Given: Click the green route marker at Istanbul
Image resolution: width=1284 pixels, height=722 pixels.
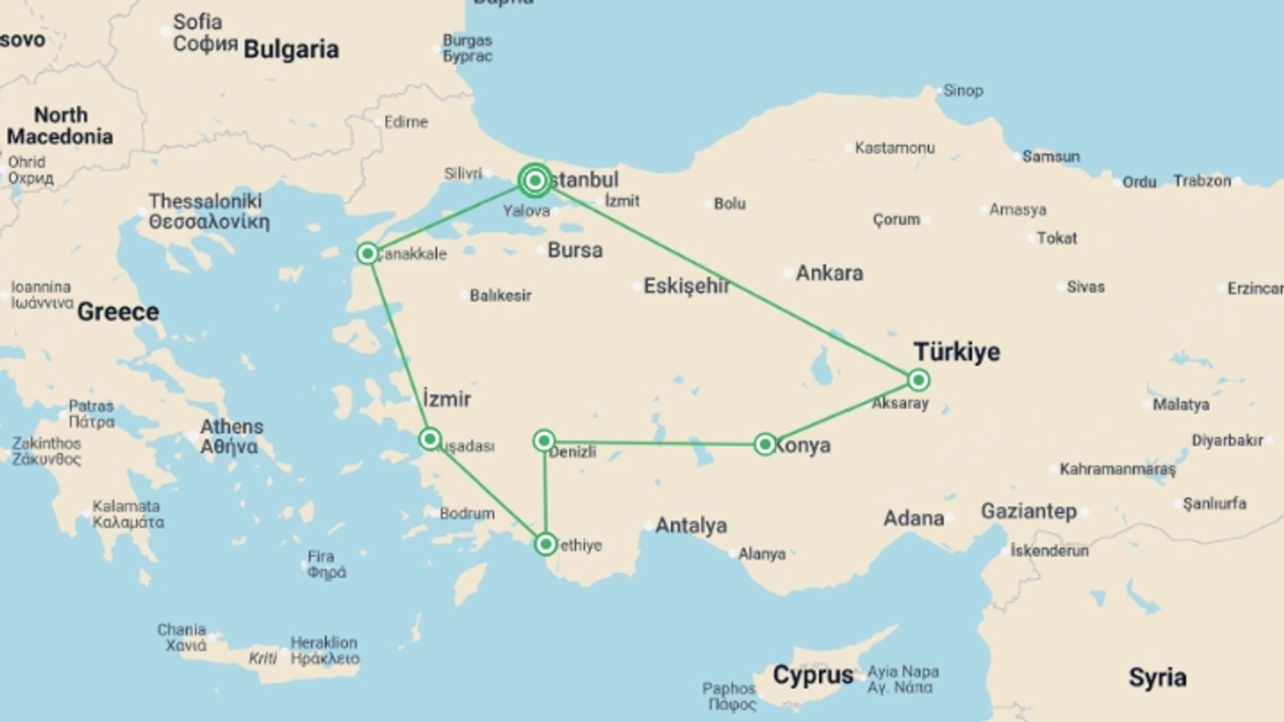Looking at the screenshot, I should (535, 180).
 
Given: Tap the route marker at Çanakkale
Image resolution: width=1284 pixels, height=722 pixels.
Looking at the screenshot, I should (367, 253).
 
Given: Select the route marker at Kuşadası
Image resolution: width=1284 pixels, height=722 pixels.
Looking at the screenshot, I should (429, 439).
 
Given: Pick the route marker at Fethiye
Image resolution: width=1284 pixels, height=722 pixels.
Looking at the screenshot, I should (546, 544).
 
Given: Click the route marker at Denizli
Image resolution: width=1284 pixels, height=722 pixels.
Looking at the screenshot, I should (544, 440).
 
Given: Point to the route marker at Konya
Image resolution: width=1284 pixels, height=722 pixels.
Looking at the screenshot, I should (765, 444).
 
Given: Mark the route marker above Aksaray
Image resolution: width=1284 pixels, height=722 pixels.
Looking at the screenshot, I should (919, 380).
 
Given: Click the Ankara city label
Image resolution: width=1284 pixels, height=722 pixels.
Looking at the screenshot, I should (829, 273).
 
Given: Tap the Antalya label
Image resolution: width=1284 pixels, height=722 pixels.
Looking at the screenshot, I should (691, 525).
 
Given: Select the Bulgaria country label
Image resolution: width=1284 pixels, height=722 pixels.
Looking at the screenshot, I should (291, 49).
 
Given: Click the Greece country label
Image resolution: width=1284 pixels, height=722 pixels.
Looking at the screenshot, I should (118, 312).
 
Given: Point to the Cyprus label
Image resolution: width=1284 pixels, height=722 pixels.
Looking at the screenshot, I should (813, 675).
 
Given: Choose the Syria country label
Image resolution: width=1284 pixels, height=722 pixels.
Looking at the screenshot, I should (1158, 677).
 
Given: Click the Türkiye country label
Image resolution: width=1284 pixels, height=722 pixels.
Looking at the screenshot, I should (957, 352).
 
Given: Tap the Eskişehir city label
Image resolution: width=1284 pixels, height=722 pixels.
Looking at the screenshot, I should (687, 286).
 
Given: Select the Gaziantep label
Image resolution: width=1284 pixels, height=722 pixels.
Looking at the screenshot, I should (1029, 511).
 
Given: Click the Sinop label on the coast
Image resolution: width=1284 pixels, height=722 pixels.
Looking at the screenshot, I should (963, 90).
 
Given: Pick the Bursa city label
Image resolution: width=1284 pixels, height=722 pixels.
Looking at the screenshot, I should (575, 250).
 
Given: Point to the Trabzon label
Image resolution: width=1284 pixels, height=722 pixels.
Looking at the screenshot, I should (1202, 180).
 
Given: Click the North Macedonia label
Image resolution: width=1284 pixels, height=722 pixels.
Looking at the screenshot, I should (60, 126).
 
